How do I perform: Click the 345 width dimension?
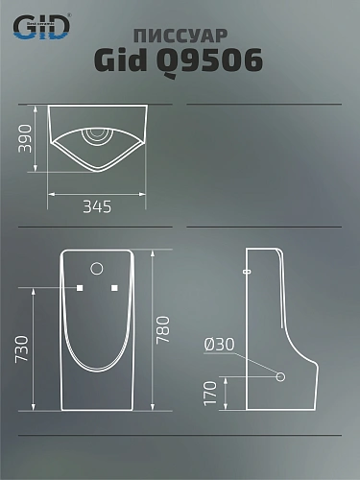click(96, 205)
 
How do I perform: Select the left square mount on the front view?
click(80, 288)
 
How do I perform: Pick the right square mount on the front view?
click(114, 288)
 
